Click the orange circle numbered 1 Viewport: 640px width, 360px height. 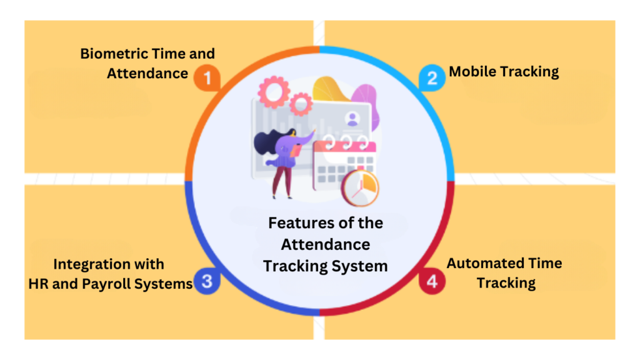point(207,79)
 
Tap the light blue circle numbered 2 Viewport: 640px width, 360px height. point(432,78)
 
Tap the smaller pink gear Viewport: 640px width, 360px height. point(301,103)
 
